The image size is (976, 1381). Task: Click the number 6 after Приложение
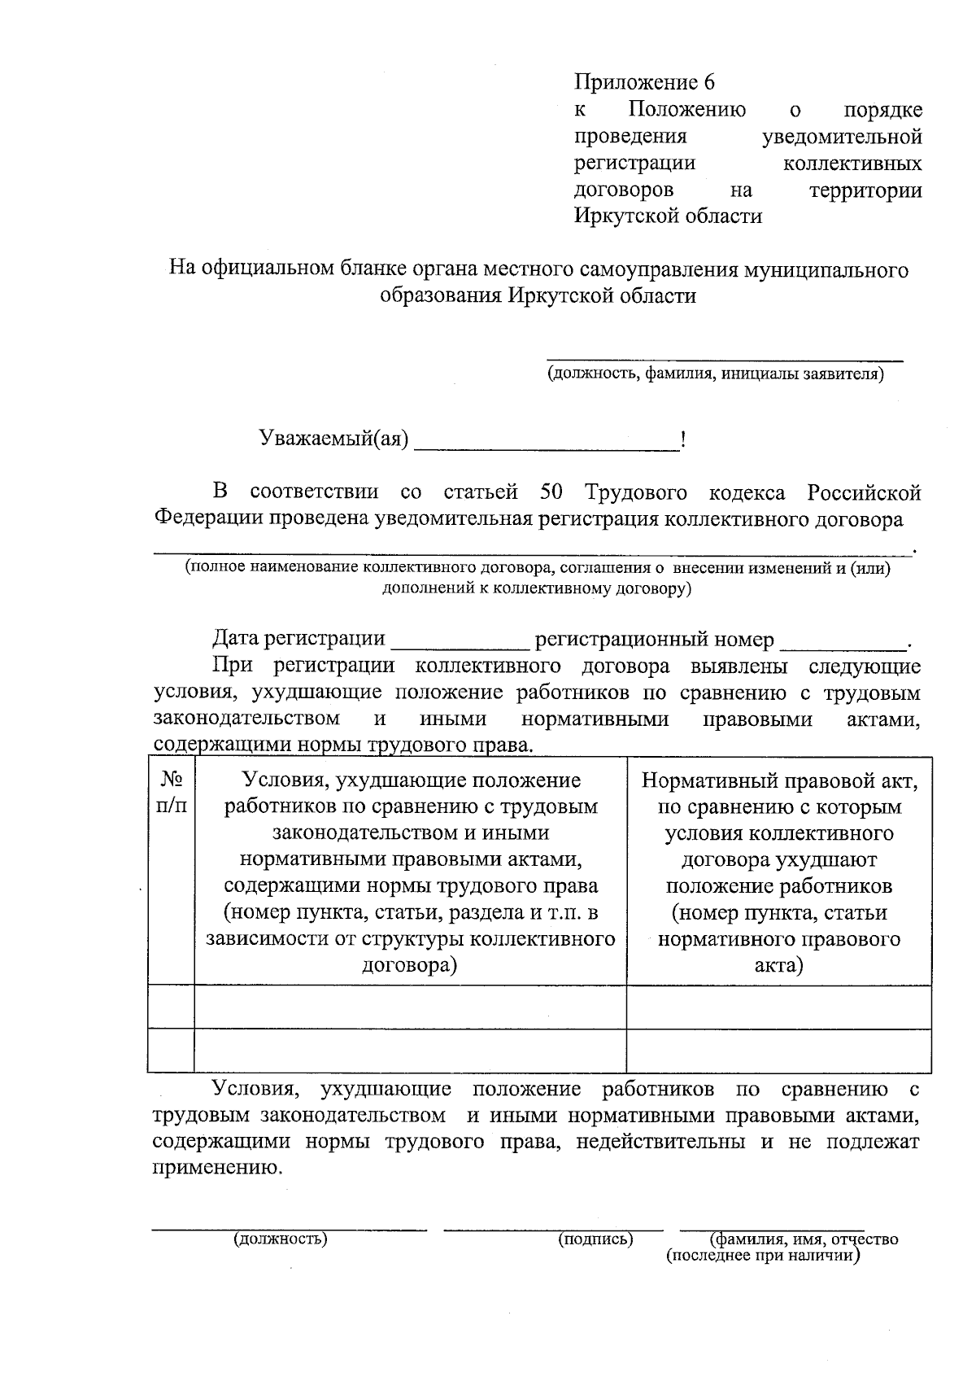click(708, 83)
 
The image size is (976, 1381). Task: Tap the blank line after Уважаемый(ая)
click(547, 444)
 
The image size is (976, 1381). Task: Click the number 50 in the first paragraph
click(551, 492)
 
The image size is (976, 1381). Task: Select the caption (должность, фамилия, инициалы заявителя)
click(715, 374)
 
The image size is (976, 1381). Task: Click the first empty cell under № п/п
click(172, 1007)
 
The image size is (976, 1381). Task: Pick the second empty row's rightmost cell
click(778, 1050)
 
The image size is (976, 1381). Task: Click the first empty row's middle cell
click(411, 1007)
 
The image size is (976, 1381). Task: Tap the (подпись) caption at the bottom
click(595, 1240)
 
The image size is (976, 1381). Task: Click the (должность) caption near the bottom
click(280, 1240)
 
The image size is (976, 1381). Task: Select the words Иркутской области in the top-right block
click(669, 216)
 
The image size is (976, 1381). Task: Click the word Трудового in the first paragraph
click(635, 492)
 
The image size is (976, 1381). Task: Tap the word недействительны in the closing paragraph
click(660, 1141)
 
